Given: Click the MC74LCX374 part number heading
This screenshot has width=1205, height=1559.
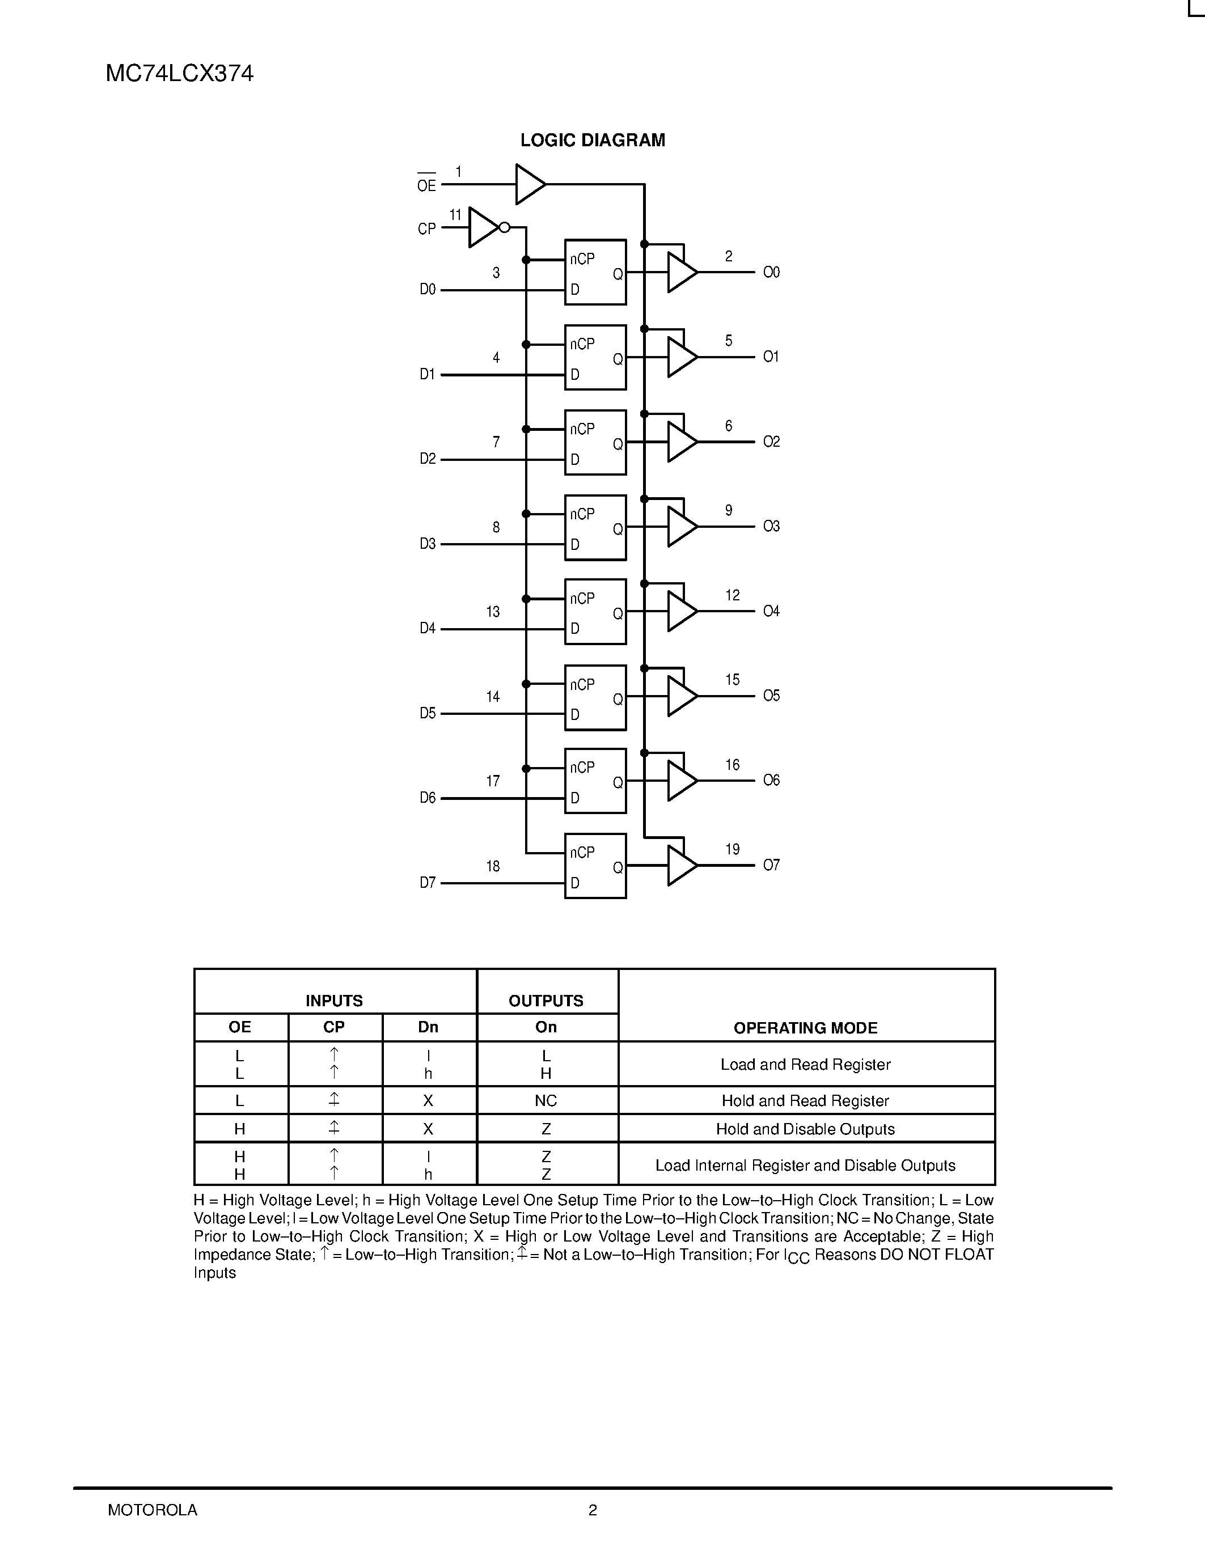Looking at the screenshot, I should pyautogui.click(x=179, y=74).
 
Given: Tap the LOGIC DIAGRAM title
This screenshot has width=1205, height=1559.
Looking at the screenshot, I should pyautogui.click(x=593, y=140).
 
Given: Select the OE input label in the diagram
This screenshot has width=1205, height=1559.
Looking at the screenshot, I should pyautogui.click(x=426, y=185).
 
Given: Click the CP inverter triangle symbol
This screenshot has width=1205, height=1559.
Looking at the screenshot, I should pyautogui.click(x=483, y=228).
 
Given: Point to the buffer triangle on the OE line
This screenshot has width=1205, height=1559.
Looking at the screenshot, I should pyautogui.click(x=530, y=184).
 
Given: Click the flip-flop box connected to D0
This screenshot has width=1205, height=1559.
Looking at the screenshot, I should pyautogui.click(x=595, y=272).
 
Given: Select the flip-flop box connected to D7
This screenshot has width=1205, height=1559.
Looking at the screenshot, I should pyautogui.click(x=595, y=866).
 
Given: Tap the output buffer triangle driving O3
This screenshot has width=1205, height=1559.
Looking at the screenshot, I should pyautogui.click(x=681, y=527).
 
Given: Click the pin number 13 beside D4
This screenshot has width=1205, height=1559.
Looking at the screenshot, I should pyautogui.click(x=493, y=612).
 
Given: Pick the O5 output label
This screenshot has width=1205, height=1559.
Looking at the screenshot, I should pyautogui.click(x=772, y=695).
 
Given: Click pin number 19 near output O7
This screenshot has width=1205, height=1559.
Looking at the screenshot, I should pyautogui.click(x=733, y=849).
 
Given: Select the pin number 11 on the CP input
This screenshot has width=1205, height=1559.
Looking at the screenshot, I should pyautogui.click(x=455, y=215).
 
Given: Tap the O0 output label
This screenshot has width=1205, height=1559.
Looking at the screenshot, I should pyautogui.click(x=772, y=272).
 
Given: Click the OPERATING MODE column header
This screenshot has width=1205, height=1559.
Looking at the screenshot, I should pyautogui.click(x=805, y=1028).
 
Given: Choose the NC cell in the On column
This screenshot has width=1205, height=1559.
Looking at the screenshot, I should pyautogui.click(x=546, y=1101).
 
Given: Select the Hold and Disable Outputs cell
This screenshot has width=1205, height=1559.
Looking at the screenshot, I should pyautogui.click(x=805, y=1129).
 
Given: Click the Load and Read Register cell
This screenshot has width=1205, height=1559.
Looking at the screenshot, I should pyautogui.click(x=805, y=1064).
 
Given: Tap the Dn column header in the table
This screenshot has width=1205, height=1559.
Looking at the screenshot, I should pyautogui.click(x=428, y=1027).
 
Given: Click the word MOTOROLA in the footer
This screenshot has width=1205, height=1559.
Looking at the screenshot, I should pyautogui.click(x=152, y=1510).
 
